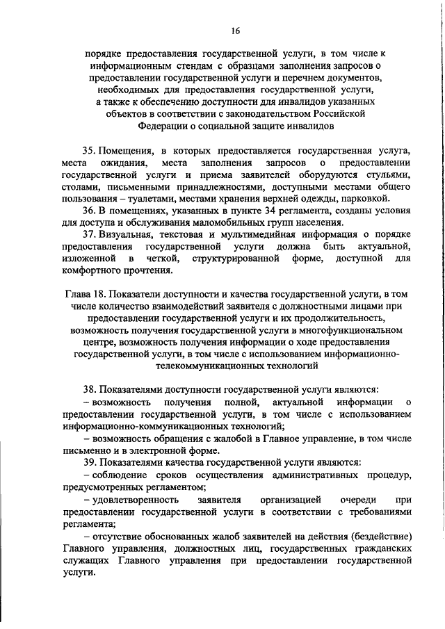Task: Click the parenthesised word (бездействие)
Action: (376, 537)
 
